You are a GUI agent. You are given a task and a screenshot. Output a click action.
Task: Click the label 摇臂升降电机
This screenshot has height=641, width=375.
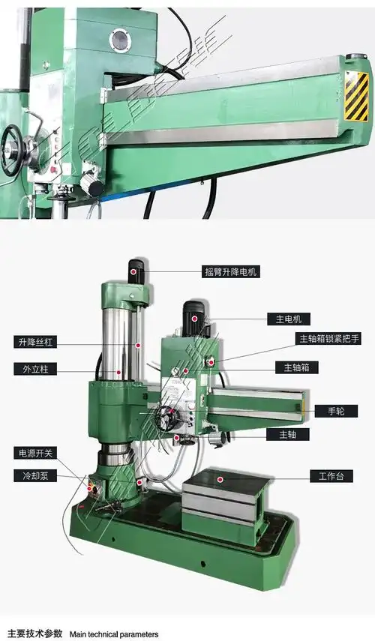point(231,271)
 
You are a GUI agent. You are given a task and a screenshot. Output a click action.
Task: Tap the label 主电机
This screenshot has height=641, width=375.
point(288,319)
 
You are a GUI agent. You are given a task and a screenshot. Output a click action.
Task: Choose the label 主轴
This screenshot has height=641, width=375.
point(288,434)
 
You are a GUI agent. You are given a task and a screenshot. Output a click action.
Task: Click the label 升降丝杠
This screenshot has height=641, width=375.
point(34,343)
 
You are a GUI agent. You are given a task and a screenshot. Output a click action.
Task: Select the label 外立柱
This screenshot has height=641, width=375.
point(31,368)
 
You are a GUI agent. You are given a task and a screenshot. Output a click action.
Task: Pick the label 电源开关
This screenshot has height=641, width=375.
point(34,453)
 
